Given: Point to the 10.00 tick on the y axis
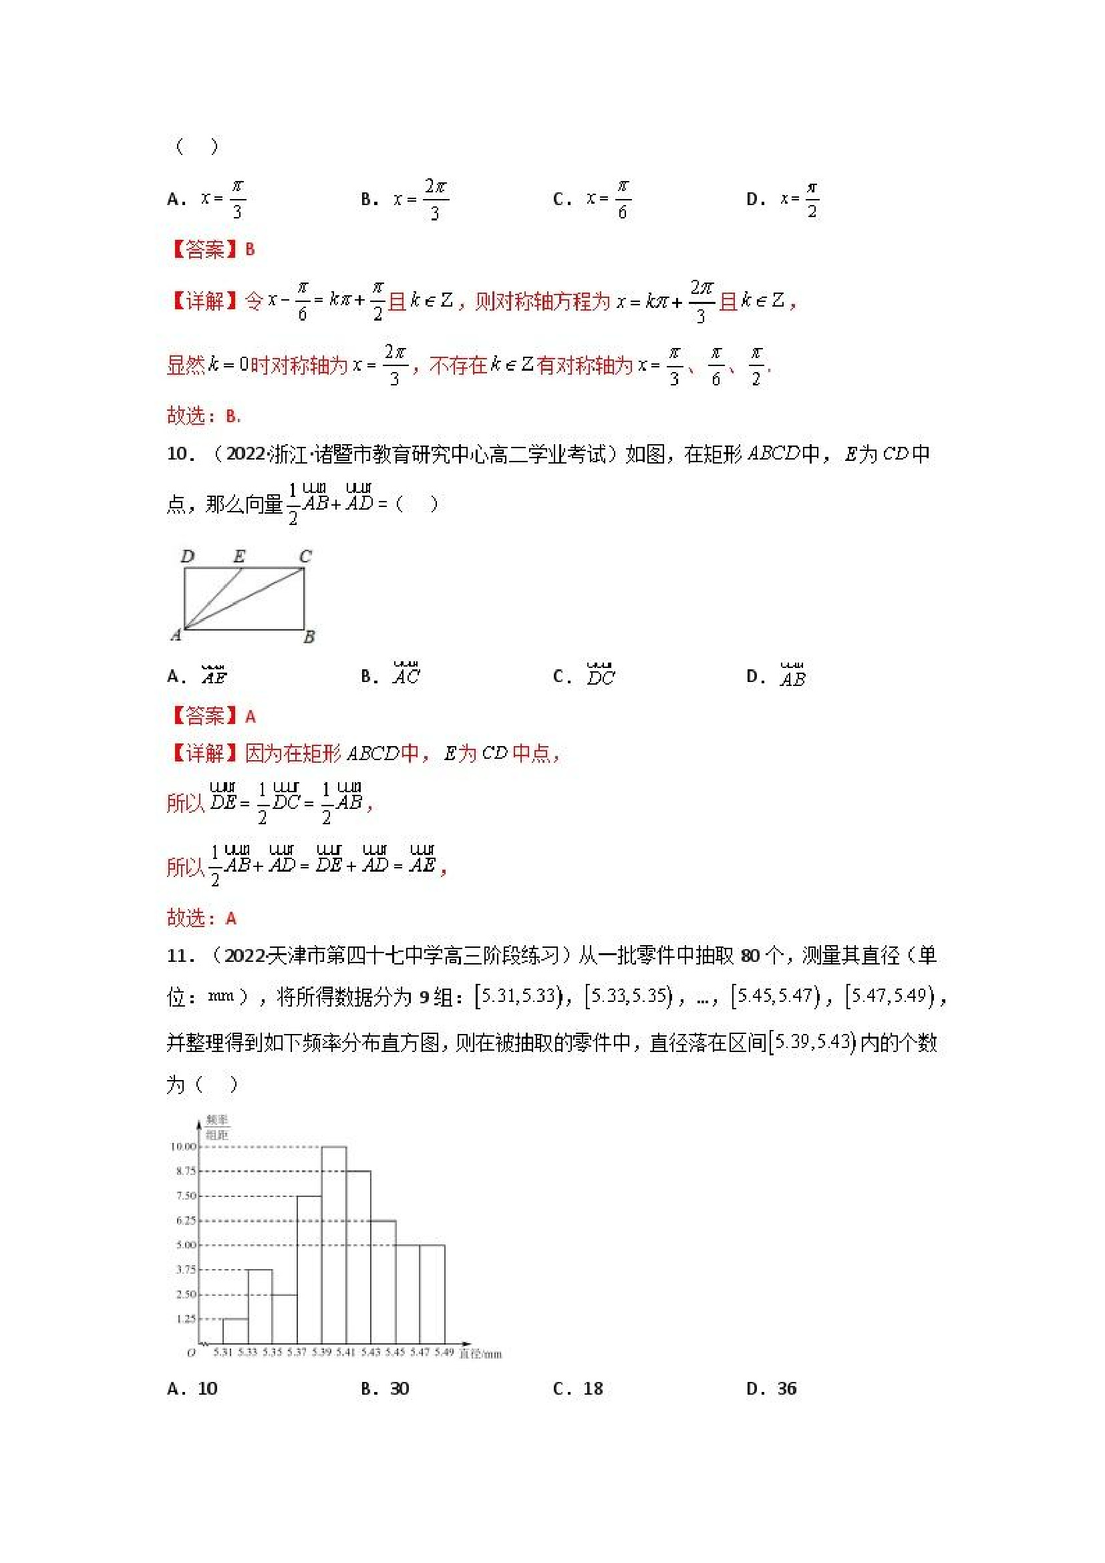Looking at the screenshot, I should click(x=182, y=1146).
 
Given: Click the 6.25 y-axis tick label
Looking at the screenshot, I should click(x=185, y=1220).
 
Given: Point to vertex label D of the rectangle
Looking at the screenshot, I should click(x=187, y=556).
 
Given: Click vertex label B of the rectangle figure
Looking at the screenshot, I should click(x=309, y=637).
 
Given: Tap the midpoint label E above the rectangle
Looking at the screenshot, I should click(x=239, y=556).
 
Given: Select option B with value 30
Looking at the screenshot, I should click(x=385, y=1389).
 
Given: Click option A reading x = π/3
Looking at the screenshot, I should click(x=207, y=199).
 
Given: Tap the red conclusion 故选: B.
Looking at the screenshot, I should click(x=204, y=415).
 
